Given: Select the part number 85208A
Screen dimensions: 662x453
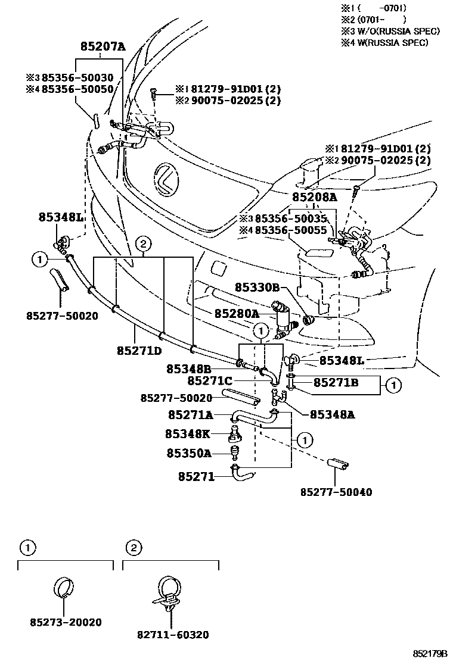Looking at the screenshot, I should point(314,197).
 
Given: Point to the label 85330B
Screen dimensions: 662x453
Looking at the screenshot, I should point(257,288).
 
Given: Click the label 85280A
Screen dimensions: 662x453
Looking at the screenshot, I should point(237,313).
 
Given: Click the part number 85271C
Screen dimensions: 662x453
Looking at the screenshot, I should point(210,380).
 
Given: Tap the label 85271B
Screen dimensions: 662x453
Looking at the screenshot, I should point(336,382).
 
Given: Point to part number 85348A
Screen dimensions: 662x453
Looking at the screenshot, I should point(332,415).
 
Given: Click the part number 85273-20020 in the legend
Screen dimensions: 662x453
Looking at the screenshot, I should point(66,622).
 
